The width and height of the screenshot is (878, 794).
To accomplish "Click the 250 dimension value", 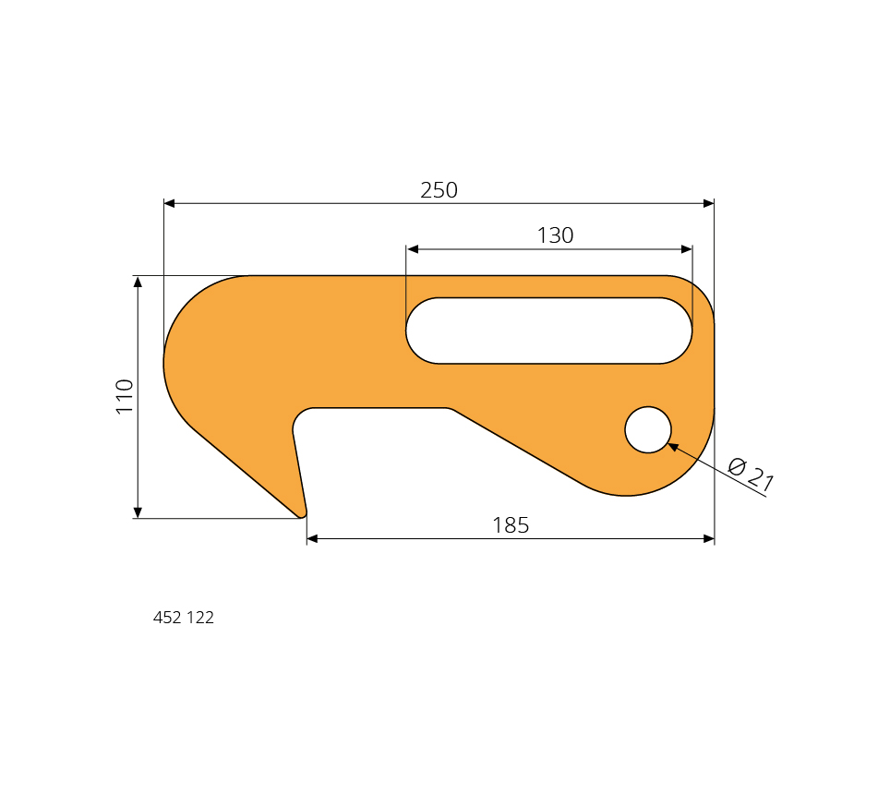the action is [439, 190].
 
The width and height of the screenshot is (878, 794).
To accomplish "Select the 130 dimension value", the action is [555, 235].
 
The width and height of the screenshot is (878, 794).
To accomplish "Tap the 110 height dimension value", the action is [125, 396].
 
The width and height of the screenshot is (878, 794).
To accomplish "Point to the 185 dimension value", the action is [511, 525].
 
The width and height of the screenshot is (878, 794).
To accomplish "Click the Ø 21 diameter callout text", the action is [751, 475].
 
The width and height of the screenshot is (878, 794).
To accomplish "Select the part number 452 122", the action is [184, 617].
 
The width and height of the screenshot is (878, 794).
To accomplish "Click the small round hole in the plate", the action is [648, 429].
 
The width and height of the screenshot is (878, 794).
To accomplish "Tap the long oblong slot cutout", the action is [549, 331].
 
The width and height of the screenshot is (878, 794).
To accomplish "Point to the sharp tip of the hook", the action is [303, 516].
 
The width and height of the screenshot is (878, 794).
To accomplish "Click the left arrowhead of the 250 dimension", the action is [169, 203].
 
